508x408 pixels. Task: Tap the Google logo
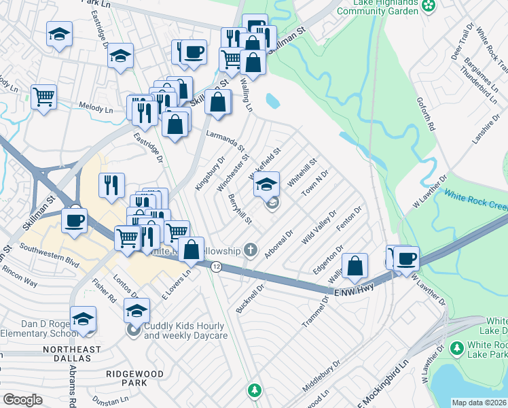click(22, 400)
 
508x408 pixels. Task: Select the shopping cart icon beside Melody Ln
click(43, 97)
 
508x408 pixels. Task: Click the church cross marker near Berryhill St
click(252, 250)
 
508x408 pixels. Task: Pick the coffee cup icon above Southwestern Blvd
click(73, 220)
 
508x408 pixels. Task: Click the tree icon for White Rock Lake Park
click(457, 347)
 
